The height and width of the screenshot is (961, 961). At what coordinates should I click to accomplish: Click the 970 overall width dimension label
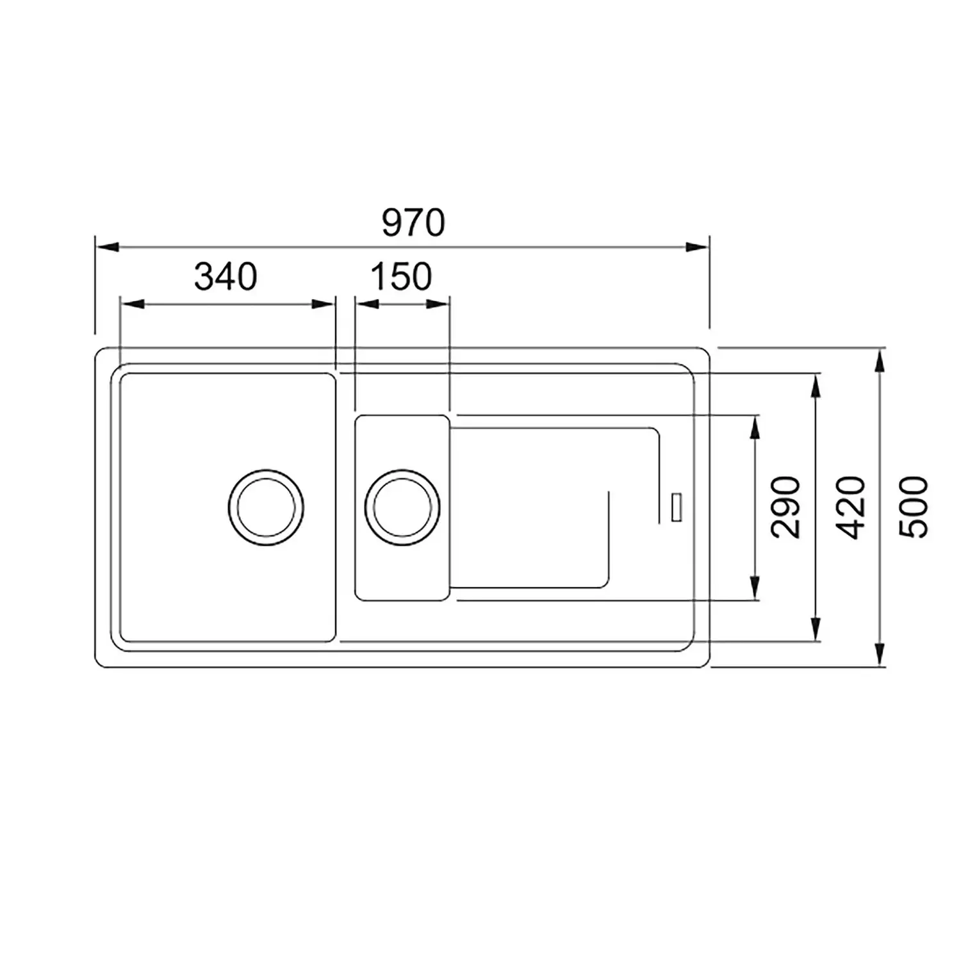pyautogui.click(x=413, y=223)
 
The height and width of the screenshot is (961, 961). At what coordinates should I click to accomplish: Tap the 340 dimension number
pyautogui.click(x=226, y=277)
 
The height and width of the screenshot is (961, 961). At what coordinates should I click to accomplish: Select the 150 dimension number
pyautogui.click(x=401, y=277)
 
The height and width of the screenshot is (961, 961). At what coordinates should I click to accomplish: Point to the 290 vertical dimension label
pyautogui.click(x=786, y=507)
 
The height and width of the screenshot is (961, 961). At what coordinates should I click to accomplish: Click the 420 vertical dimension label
pyautogui.click(x=851, y=507)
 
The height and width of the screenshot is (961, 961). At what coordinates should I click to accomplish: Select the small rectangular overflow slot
pyautogui.click(x=676, y=507)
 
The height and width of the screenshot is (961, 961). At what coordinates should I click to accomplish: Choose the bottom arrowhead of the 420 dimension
pyautogui.click(x=816, y=628)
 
